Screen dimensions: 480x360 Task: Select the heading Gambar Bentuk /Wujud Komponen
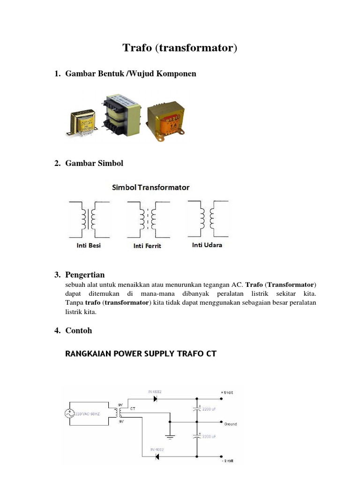(x=131, y=74)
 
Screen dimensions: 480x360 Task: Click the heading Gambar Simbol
(x=94, y=163)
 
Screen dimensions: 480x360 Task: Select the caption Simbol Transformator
(x=150, y=187)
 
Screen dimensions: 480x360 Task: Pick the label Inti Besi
(x=89, y=245)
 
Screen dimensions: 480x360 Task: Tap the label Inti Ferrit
(x=147, y=246)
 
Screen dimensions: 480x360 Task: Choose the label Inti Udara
(x=207, y=245)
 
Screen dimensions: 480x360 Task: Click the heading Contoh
(x=79, y=330)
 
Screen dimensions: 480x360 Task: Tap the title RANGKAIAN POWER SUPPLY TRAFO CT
(x=141, y=353)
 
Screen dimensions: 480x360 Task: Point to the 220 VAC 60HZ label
(x=95, y=413)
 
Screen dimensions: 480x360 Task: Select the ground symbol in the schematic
(x=171, y=436)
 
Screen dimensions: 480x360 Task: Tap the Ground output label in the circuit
(x=230, y=424)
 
